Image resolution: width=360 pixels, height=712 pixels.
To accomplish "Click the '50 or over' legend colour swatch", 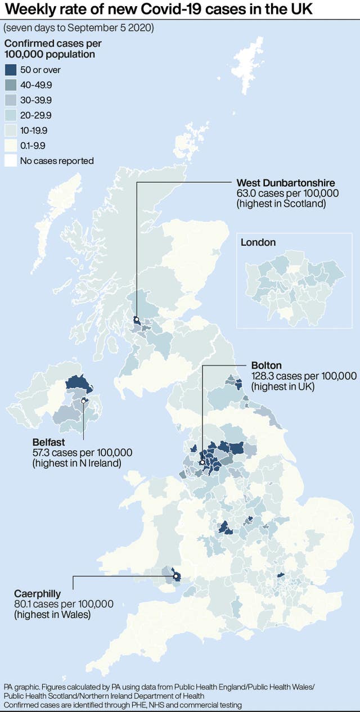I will point(10,70).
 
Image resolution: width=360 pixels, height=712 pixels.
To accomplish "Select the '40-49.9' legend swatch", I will point(10,85).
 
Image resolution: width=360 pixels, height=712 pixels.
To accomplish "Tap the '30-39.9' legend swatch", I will point(10,101).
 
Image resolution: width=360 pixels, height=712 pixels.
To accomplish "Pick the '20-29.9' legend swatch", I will point(10,116).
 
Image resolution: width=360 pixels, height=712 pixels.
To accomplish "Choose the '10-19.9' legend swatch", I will point(10,131).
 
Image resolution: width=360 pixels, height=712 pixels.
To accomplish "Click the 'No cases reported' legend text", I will point(57,161).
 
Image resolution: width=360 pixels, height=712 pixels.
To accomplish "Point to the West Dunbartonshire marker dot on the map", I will point(136,320).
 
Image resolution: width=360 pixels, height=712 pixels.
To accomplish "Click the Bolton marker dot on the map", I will point(202,462).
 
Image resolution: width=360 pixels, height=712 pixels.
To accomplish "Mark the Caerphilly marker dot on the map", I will point(176,576).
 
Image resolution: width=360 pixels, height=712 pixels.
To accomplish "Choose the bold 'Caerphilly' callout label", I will point(37,594).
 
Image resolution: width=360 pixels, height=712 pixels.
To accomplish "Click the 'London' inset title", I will point(258,243).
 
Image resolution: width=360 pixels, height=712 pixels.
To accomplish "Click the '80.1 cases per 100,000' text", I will point(64,604).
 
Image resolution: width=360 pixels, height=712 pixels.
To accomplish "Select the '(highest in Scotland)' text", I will point(281,203).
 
